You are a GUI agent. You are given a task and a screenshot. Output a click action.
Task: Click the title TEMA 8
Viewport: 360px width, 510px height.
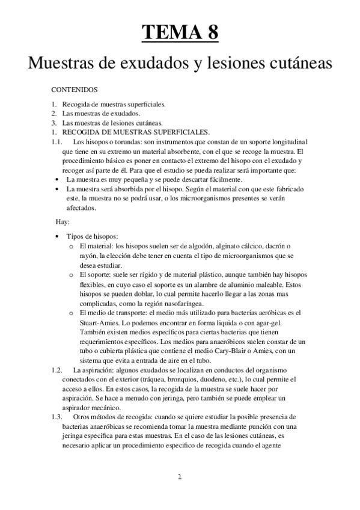tap(180, 31)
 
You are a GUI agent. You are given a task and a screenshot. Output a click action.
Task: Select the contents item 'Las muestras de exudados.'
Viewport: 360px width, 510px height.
tap(93, 113)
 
